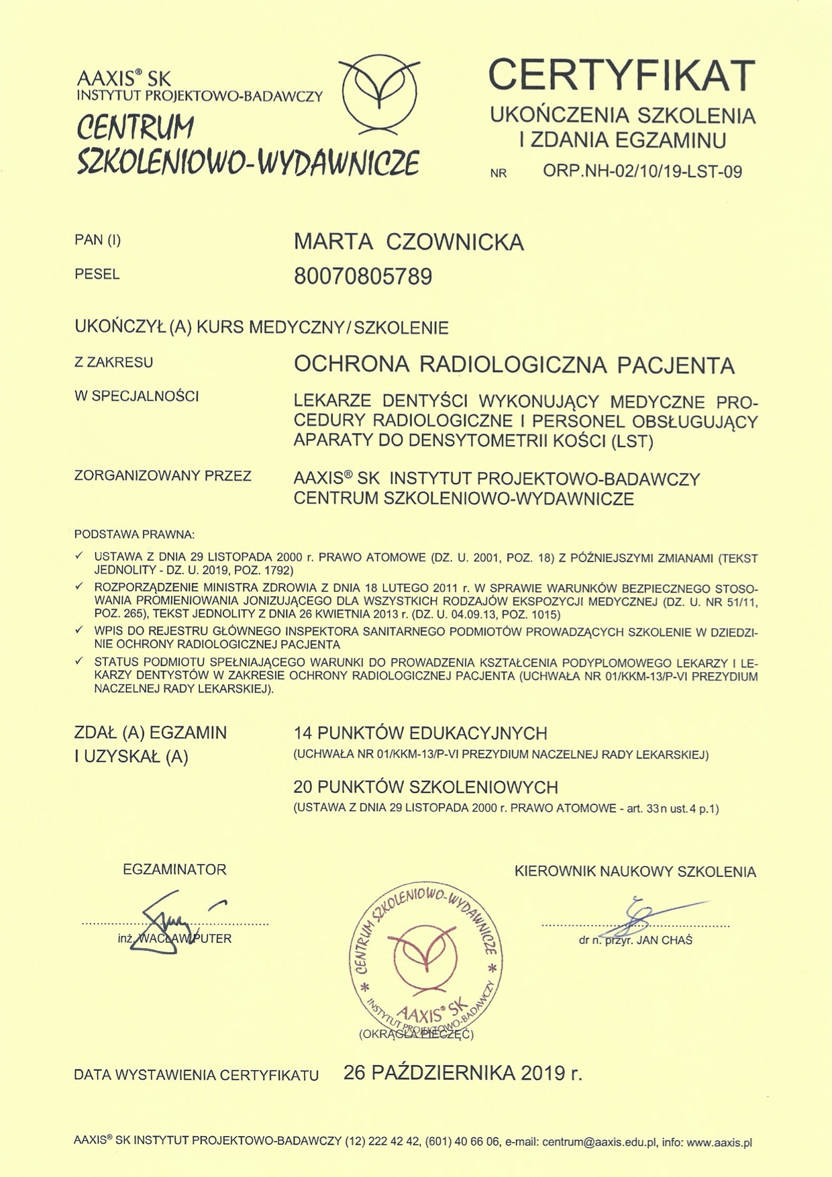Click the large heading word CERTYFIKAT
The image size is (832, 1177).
coord(621,75)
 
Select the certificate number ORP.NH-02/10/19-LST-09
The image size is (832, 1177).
coord(642,172)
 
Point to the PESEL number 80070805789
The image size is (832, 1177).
coord(363,277)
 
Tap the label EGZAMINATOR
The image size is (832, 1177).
coord(174,869)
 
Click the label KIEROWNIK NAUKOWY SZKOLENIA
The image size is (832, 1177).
coord(635,872)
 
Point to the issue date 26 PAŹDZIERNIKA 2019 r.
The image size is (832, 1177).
coord(463,1073)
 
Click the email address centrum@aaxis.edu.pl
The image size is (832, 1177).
coord(599,1142)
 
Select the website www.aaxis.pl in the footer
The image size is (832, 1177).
coord(719,1142)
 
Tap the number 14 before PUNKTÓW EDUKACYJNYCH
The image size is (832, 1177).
coord(303,733)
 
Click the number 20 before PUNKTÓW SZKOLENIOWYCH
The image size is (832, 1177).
coord(303,787)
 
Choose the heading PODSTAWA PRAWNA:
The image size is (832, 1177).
coord(134,535)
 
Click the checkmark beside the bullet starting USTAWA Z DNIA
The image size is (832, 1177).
coord(79,556)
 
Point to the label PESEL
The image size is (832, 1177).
coord(97,275)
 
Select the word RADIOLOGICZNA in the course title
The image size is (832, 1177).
coord(513,365)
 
